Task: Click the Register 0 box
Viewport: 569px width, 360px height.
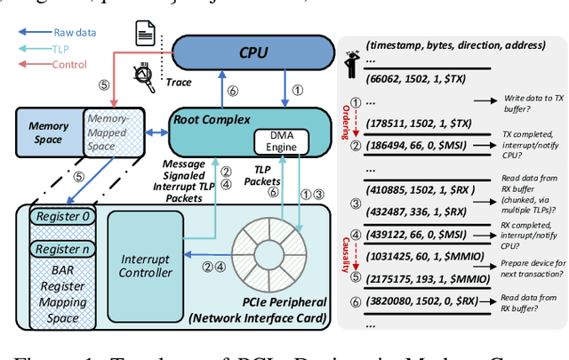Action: coord(58,216)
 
